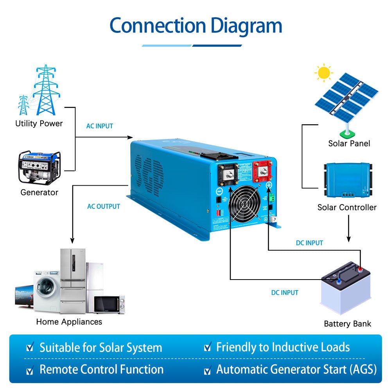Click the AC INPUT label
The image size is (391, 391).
coord(99,126)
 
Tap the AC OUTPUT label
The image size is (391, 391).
coord(103,206)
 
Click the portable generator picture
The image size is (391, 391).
coord(39,167)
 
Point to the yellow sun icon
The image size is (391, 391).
coord(324,73)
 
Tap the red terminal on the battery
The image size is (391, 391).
coord(359,269)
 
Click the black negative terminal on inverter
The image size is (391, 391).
coord(228,172)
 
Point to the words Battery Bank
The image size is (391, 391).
coord(347,324)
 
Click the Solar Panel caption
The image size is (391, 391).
coord(349,143)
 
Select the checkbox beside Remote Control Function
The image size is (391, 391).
coord(30,369)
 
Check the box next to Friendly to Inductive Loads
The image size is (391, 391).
coord(208,347)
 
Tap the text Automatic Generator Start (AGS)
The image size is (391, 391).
coord(296,369)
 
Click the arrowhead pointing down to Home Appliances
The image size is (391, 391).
coord(72,241)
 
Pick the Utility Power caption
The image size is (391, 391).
coord(39,124)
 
